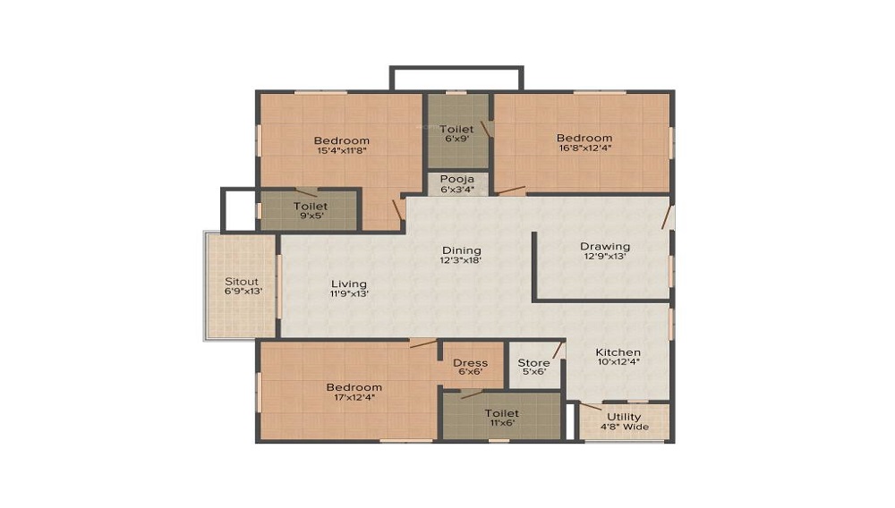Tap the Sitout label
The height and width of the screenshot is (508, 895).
[x=242, y=282]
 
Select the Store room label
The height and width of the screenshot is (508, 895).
[x=534, y=363]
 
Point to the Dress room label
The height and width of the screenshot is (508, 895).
[x=470, y=363]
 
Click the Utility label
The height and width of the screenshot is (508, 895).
[x=624, y=417]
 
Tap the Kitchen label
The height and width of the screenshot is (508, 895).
[x=618, y=353]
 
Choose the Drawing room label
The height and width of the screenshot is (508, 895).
[x=605, y=247]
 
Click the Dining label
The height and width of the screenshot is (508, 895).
[x=461, y=250]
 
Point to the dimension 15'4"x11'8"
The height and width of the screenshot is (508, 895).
[x=342, y=151]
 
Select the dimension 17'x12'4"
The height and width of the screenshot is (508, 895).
[x=354, y=397]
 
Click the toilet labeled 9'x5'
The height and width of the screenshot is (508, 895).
[x=311, y=207]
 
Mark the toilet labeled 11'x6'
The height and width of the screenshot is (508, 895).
[x=501, y=413]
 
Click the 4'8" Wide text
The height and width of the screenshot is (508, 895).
[x=624, y=428]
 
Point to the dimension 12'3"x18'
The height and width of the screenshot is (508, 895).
[x=461, y=261]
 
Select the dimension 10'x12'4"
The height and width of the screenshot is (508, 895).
[x=618, y=364]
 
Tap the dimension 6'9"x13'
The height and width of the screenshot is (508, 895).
[x=242, y=292]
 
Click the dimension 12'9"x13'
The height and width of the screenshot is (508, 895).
[x=605, y=258]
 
